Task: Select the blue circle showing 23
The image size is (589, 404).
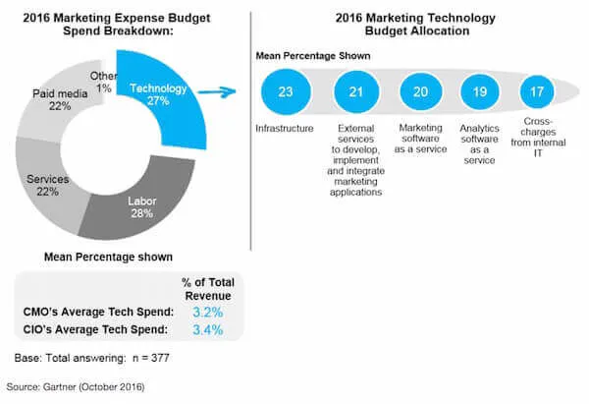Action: [286, 91]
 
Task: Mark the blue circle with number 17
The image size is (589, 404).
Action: [536, 91]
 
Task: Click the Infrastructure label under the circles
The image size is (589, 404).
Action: [286, 127]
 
